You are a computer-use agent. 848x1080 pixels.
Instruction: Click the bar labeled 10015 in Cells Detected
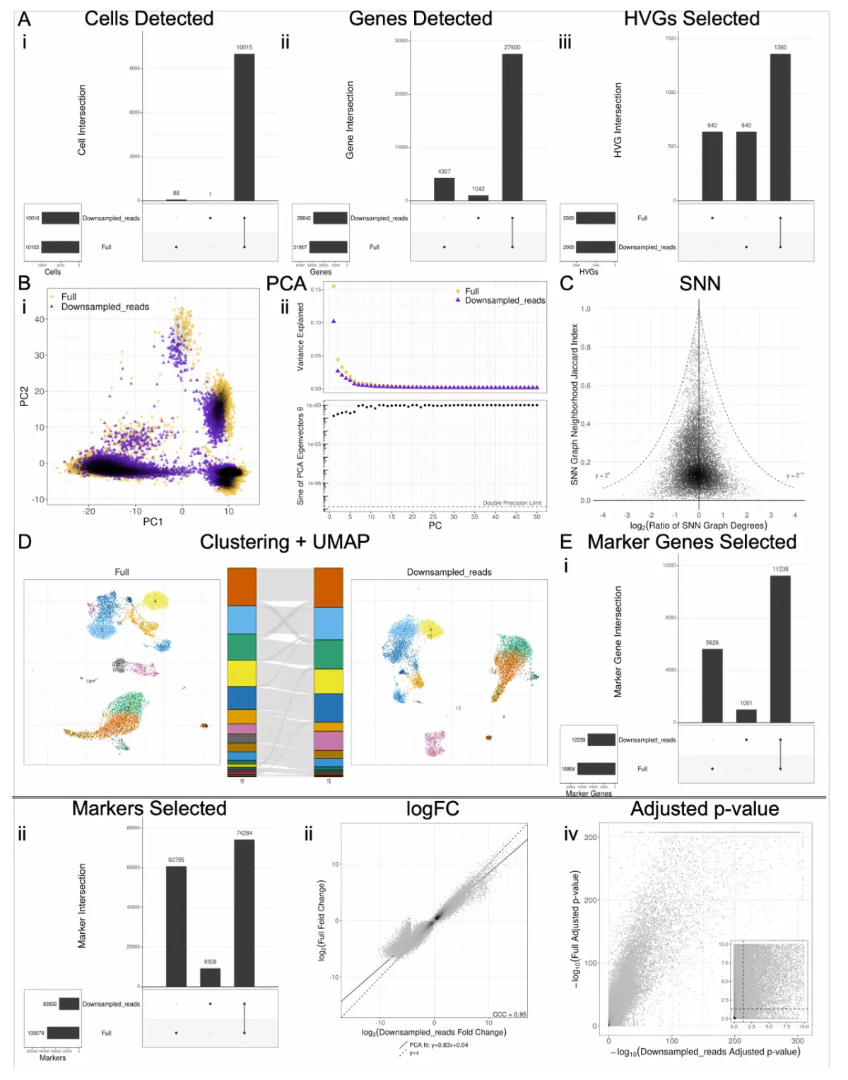(x=245, y=127)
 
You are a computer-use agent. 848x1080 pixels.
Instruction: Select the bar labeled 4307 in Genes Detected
(x=444, y=189)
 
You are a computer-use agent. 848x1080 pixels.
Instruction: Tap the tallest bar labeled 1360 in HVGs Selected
(x=780, y=127)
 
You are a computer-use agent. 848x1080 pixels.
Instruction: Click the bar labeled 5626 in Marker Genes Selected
(x=712, y=685)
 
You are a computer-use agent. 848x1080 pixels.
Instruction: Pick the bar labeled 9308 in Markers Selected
(x=211, y=977)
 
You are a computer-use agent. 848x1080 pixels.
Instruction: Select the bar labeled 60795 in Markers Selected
(x=176, y=926)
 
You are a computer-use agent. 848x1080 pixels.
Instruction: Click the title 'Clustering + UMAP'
(x=285, y=542)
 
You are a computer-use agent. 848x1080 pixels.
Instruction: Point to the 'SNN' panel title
(x=700, y=283)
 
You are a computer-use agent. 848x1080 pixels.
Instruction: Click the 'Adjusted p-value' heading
(x=705, y=809)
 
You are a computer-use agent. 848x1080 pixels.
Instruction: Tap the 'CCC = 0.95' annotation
(x=509, y=1014)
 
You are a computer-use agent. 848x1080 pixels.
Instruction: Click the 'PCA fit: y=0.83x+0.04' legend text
(x=438, y=1045)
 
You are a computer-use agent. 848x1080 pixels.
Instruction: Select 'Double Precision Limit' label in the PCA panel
(x=512, y=503)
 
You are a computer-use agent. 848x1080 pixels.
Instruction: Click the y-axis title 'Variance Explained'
(x=300, y=337)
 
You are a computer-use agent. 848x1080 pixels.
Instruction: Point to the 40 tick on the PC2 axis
(x=40, y=319)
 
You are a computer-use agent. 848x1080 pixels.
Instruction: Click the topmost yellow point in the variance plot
(x=334, y=286)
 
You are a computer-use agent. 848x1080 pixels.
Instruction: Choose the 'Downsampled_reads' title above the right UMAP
(x=449, y=572)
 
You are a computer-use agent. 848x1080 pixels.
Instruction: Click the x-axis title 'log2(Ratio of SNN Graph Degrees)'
(x=698, y=526)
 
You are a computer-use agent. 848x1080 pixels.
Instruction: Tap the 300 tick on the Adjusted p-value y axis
(x=591, y=837)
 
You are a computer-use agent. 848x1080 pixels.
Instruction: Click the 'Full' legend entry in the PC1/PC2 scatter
(x=69, y=297)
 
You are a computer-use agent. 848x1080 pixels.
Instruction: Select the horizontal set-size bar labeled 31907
(x=328, y=247)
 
